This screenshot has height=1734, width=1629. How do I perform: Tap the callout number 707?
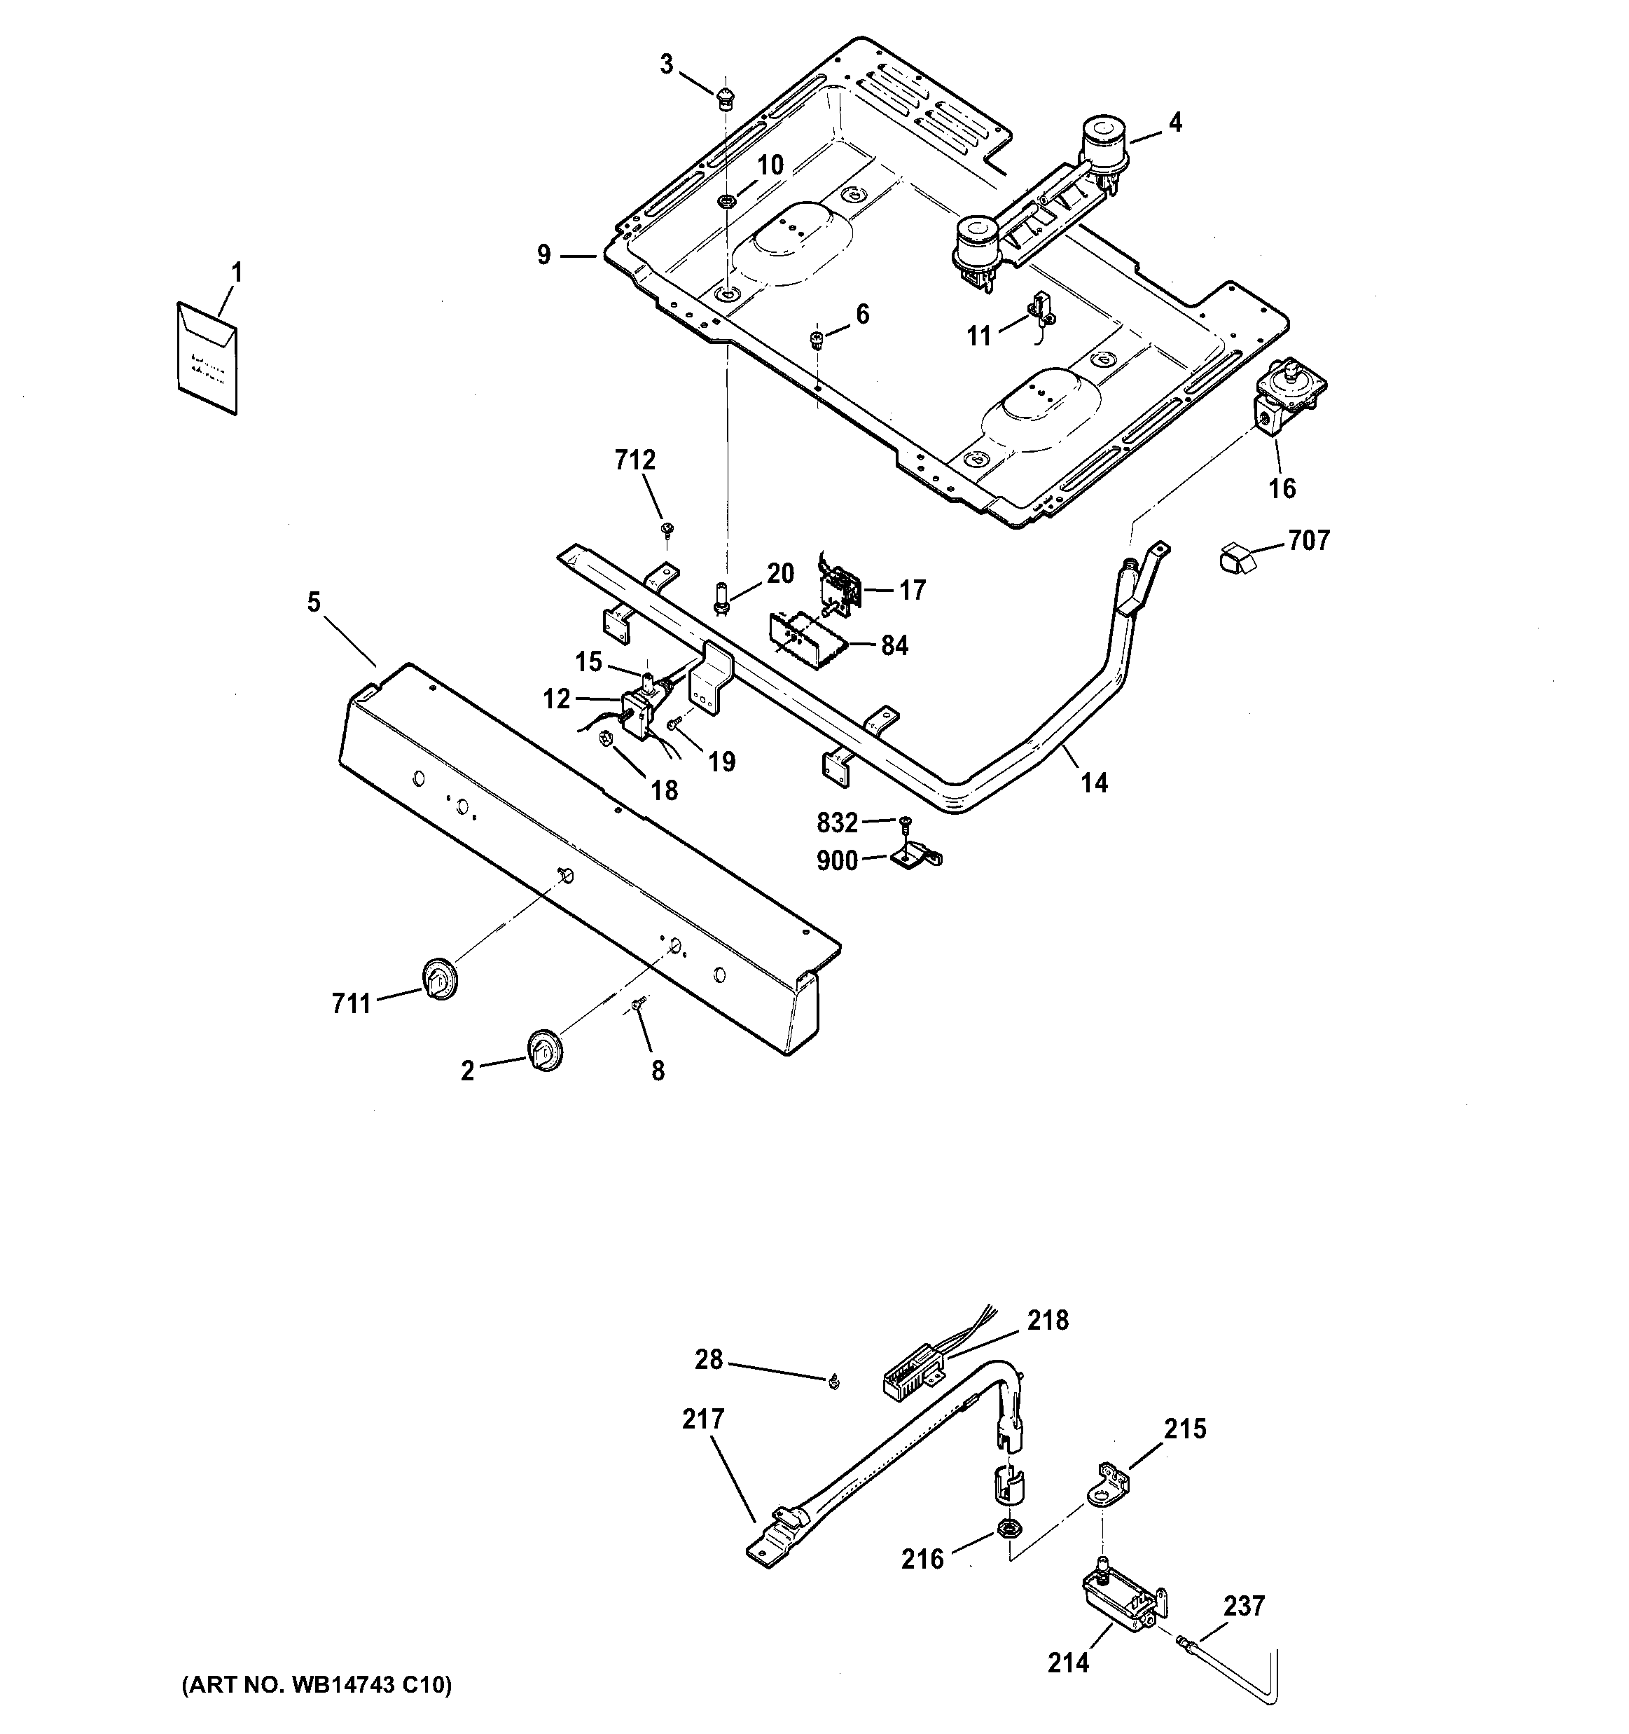click(x=1309, y=541)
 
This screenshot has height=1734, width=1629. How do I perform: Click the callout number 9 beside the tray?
click(x=544, y=256)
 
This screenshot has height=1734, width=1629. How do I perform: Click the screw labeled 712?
click(x=667, y=528)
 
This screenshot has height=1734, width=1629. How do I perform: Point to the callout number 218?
click(x=1046, y=1321)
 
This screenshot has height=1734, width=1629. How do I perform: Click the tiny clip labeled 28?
click(x=833, y=1379)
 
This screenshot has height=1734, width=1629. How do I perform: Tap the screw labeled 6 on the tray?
click(x=817, y=338)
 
